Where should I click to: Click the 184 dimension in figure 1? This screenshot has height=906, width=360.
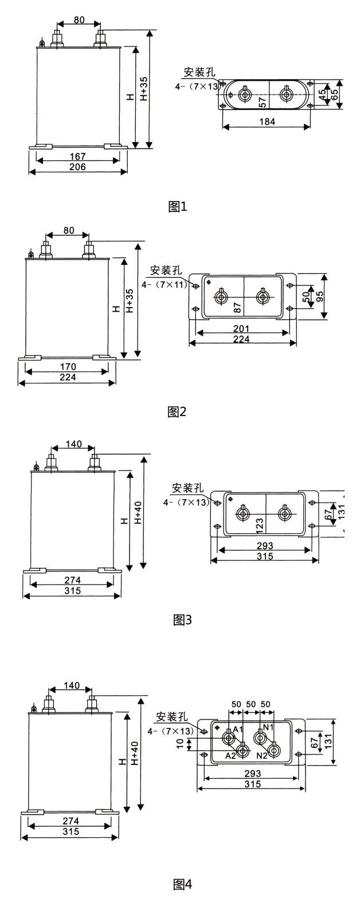click(267, 121)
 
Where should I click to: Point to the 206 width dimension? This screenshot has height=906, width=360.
click(77, 166)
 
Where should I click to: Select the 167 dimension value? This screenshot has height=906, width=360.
click(78, 156)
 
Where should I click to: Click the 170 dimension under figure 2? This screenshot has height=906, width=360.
click(67, 367)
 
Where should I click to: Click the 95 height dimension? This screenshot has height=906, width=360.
click(319, 296)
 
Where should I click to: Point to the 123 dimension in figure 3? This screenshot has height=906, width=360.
click(259, 524)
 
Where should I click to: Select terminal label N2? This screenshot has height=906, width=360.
click(262, 756)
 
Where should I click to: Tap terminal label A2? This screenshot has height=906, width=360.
click(230, 756)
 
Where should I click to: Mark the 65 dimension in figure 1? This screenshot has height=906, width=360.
click(334, 94)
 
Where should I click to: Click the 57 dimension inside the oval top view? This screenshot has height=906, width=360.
click(262, 103)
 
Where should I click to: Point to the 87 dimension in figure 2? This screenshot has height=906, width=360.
click(237, 307)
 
